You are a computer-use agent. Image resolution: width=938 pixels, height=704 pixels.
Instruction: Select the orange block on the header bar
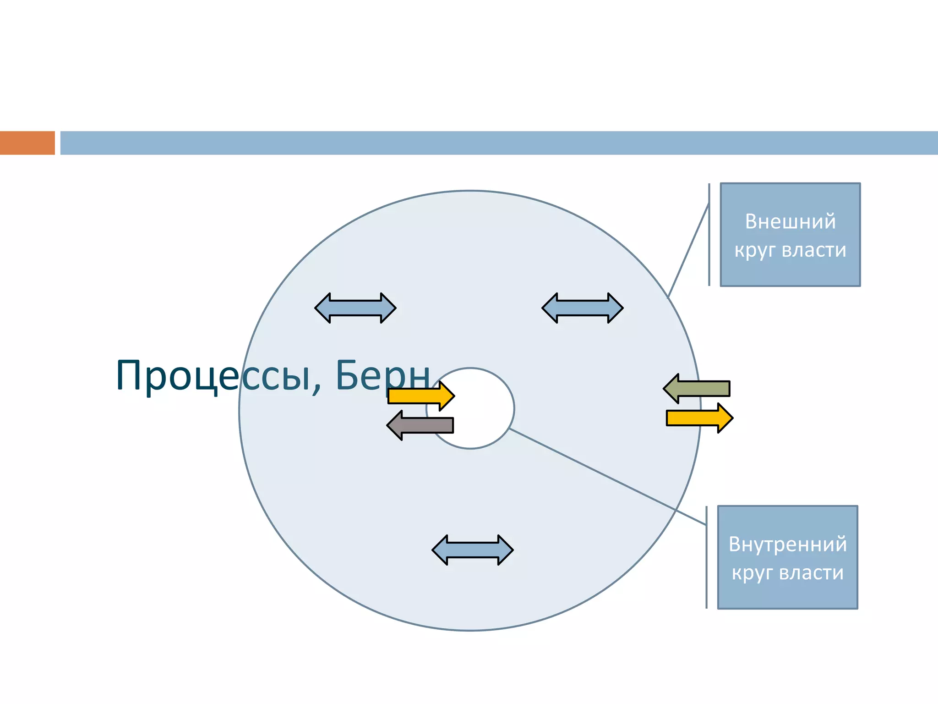[27, 143]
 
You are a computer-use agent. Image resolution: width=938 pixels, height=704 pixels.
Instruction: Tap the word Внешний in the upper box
[790, 221]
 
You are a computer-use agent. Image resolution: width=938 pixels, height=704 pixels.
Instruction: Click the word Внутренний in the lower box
[787, 544]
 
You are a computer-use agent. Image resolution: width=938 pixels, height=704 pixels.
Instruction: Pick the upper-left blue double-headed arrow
[355, 308]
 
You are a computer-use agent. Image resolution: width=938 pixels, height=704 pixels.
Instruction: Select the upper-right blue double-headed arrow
[582, 308]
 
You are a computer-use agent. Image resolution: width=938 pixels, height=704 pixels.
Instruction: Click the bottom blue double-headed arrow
[472, 550]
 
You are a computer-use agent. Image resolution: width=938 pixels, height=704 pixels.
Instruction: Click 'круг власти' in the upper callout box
[790, 250]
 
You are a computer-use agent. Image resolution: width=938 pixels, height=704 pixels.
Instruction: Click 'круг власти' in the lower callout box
[787, 573]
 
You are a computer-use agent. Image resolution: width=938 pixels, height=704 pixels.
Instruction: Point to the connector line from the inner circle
[605, 475]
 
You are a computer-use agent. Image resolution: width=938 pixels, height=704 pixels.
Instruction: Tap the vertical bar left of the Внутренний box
[706, 557]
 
